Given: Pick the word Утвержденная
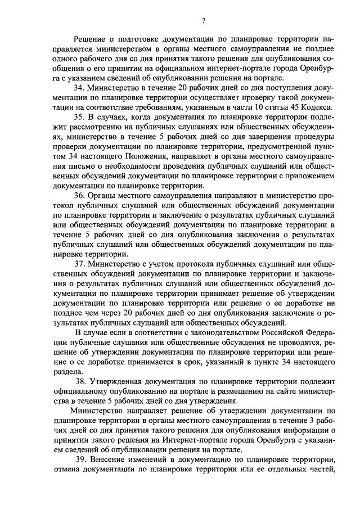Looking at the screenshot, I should coord(120,381).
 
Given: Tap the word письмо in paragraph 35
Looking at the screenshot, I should coord(79,167).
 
